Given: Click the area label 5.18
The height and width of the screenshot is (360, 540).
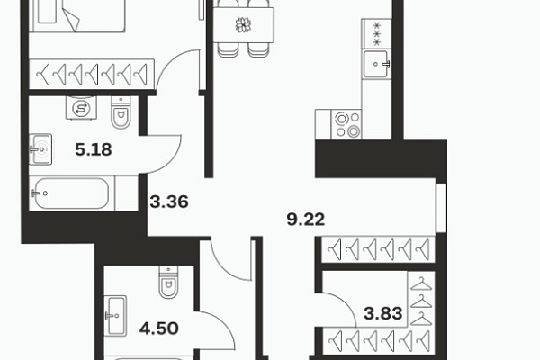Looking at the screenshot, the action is (x=94, y=150).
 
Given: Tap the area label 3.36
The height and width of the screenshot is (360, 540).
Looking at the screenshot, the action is (x=169, y=202).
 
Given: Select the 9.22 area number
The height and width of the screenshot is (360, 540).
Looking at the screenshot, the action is (x=306, y=220).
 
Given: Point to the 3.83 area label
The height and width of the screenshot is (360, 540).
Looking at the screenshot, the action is (x=383, y=313).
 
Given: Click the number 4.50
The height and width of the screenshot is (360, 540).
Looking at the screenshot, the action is (x=158, y=328).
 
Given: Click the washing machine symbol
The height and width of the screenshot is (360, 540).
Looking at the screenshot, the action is (x=81, y=109).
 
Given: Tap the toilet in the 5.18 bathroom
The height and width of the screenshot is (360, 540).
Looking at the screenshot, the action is (x=121, y=112).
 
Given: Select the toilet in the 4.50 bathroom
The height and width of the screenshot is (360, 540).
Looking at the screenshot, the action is (x=169, y=282).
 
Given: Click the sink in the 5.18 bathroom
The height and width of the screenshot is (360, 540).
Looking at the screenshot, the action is (x=40, y=149).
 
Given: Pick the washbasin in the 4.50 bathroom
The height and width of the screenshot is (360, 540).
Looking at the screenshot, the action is (x=116, y=316).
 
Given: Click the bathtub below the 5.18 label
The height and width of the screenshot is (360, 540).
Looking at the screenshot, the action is (x=72, y=193).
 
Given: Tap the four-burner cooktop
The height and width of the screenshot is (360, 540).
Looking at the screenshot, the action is (x=346, y=124).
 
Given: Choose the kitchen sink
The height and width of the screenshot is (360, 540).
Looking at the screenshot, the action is (x=376, y=64).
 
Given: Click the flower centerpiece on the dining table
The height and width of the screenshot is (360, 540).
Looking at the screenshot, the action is (x=243, y=25).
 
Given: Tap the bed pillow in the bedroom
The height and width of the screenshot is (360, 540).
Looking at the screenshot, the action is (x=47, y=13).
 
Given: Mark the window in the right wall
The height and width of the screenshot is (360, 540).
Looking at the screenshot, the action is (x=442, y=208).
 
